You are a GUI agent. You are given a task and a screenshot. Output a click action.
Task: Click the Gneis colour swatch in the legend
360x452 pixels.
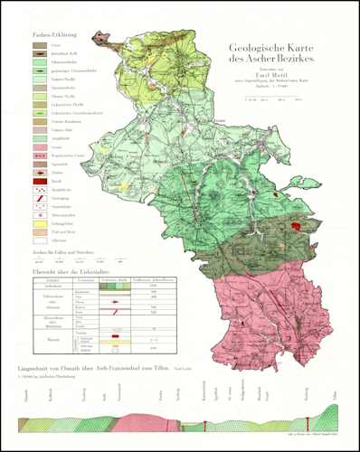(x=39, y=44)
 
